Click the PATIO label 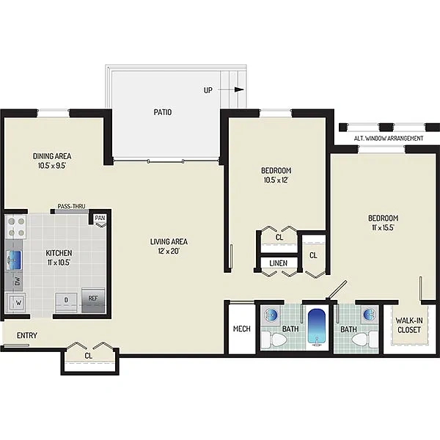[163, 112]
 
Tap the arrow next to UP [230, 89]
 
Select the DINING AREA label [52, 156]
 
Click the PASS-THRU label [71, 206]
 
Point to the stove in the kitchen [16, 227]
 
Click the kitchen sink [14, 260]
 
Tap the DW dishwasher [17, 281]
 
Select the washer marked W [18, 303]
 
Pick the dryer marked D [66, 302]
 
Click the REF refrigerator [93, 301]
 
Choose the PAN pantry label [100, 218]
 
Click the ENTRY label [27, 335]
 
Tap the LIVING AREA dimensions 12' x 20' [169, 251]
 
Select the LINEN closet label [279, 263]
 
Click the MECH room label [242, 329]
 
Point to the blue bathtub [317, 326]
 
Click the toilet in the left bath [274, 340]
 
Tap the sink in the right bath [370, 315]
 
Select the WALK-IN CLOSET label [409, 325]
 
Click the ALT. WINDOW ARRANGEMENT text [389, 139]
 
